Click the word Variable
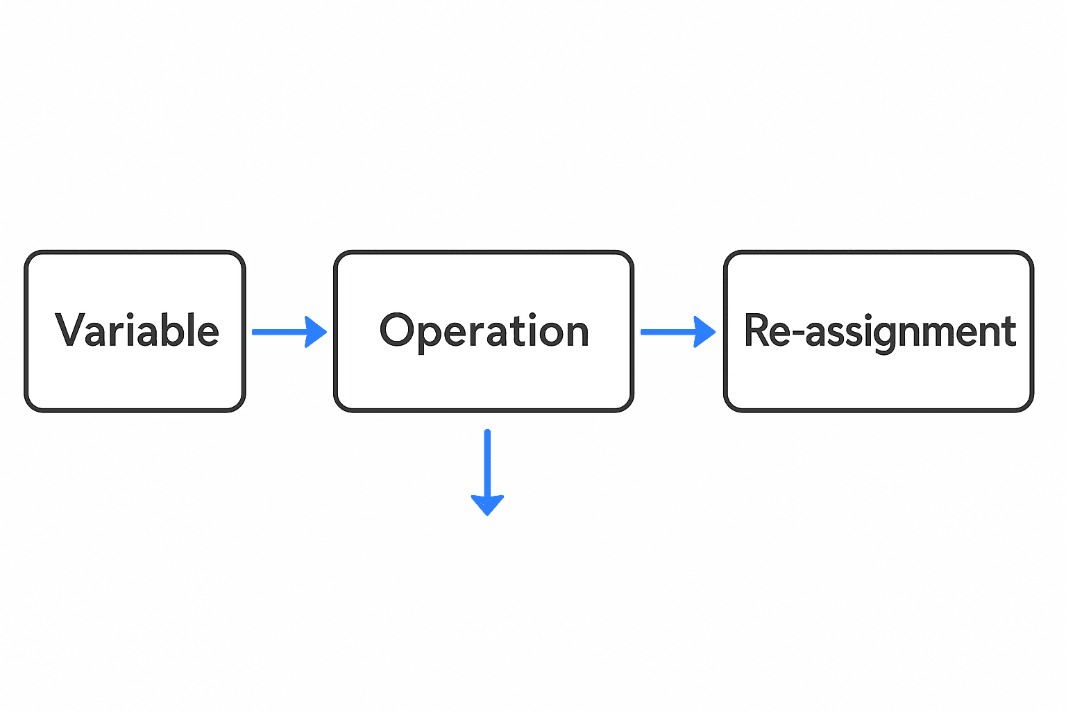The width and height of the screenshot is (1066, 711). [x=137, y=331]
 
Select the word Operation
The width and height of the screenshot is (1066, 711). [x=484, y=331]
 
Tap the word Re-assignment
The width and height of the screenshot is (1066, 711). [x=879, y=331]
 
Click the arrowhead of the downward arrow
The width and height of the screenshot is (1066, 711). [x=487, y=504]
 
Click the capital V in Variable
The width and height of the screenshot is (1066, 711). [x=69, y=331]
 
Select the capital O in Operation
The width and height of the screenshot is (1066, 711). [x=397, y=331]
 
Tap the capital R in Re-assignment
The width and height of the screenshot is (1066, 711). [x=758, y=331]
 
